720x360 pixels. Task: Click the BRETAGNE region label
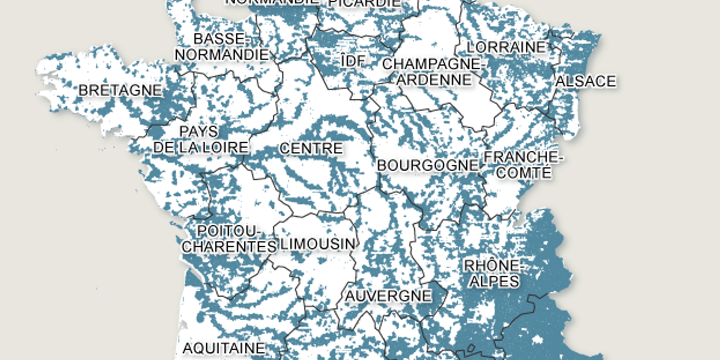point(120,90)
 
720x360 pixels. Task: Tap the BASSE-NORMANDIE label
point(221,46)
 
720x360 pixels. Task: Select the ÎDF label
point(352,61)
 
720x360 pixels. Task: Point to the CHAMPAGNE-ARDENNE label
point(433,71)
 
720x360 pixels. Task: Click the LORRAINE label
point(506,47)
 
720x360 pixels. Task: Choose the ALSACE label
point(586,81)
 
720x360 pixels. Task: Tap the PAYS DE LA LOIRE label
point(200,139)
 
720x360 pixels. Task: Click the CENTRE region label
point(311,148)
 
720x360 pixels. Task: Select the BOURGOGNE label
point(427,165)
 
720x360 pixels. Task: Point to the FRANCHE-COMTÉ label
point(523,164)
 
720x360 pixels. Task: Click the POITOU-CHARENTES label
point(229,238)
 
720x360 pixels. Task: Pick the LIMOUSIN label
point(318,244)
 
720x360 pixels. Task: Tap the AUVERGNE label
point(388,295)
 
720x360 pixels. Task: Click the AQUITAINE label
point(223,348)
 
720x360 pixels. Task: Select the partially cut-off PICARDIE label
point(364,3)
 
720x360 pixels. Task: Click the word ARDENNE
point(434,79)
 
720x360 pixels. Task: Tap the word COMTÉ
point(524,172)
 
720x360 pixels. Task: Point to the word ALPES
point(494,281)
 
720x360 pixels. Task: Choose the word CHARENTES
point(229,246)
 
